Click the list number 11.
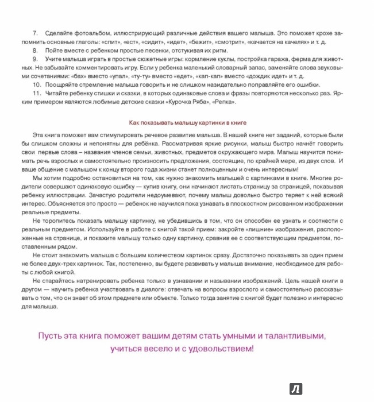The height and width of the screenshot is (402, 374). click(x=37, y=94)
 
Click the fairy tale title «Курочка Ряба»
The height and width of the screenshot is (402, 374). click(x=186, y=102)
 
